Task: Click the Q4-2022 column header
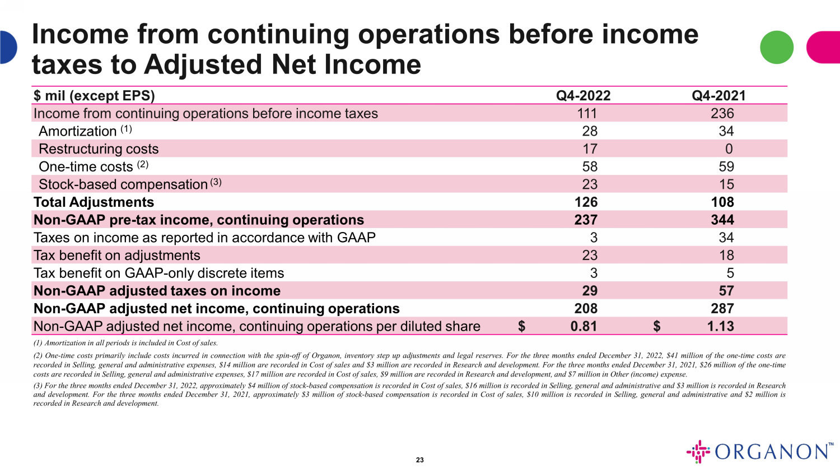pyautogui.click(x=583, y=96)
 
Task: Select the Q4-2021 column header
pyautogui.click(x=718, y=96)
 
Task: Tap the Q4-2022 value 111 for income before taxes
pyautogui.click(x=587, y=114)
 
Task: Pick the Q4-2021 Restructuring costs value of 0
pyautogui.click(x=729, y=149)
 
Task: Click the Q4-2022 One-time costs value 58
pyautogui.click(x=590, y=167)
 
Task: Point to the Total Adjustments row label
pyautogui.click(x=94, y=202)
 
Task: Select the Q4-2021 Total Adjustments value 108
pyautogui.click(x=722, y=202)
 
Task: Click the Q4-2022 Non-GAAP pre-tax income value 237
pyautogui.click(x=586, y=220)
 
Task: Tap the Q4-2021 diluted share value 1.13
pyautogui.click(x=720, y=327)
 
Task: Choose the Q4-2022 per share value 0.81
pyautogui.click(x=584, y=327)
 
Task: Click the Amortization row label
pyautogui.click(x=77, y=132)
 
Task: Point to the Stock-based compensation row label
pyautogui.click(x=123, y=185)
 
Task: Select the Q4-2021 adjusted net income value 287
pyautogui.click(x=722, y=309)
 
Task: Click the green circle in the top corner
pyautogui.click(x=777, y=47)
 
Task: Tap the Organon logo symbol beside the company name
pyautogui.click(x=698, y=452)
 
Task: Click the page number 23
pyautogui.click(x=420, y=460)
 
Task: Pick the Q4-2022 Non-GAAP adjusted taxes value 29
pyautogui.click(x=590, y=291)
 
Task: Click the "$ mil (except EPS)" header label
pyautogui.click(x=94, y=96)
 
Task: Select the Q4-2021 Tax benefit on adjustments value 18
pyautogui.click(x=726, y=256)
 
